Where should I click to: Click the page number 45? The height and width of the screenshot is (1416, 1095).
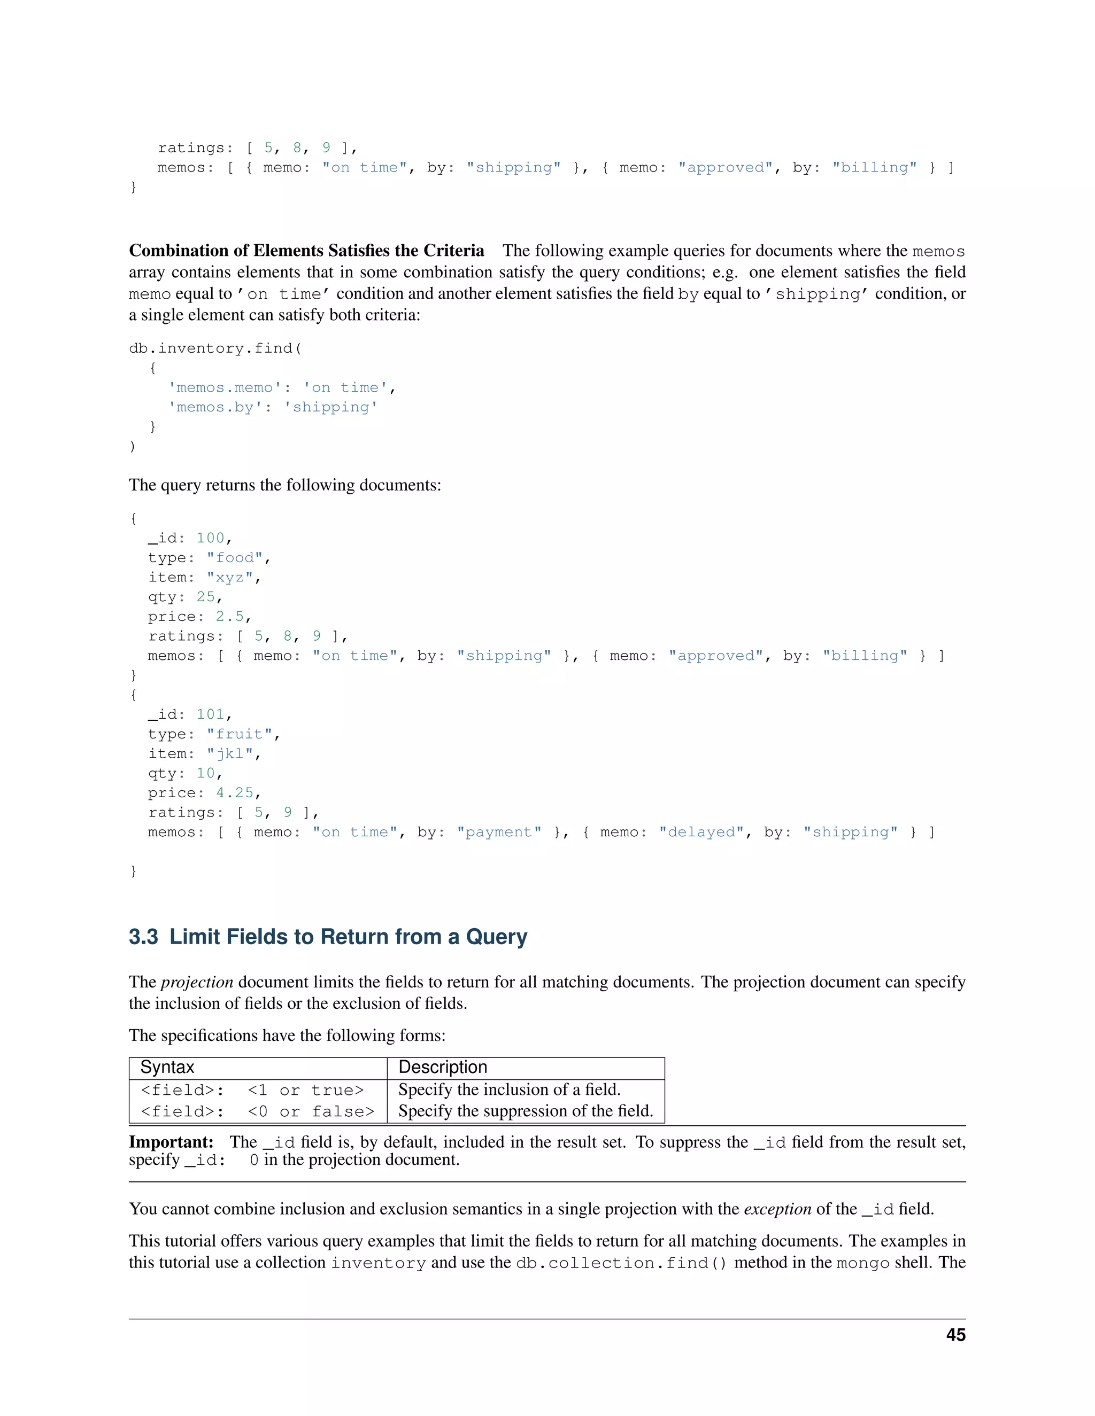tap(955, 1335)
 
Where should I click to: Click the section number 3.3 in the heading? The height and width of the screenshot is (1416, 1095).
tap(143, 937)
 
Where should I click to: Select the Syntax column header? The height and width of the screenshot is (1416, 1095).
tap(167, 1067)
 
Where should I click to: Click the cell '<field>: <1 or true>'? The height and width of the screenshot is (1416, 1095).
tap(252, 1090)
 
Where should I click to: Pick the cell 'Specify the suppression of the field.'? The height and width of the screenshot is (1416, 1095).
tap(526, 1111)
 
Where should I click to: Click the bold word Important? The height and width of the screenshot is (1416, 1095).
tap(171, 1142)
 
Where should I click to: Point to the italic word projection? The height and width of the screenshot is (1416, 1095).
tap(197, 982)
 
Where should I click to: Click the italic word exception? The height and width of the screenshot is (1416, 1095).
tap(777, 1209)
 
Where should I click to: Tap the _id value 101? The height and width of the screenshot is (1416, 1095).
tap(210, 714)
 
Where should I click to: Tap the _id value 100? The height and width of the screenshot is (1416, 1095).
tap(210, 538)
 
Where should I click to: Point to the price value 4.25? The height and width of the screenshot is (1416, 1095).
tap(234, 793)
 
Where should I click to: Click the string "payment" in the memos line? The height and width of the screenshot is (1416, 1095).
tap(499, 832)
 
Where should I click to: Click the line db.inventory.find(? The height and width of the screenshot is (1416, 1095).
tap(215, 348)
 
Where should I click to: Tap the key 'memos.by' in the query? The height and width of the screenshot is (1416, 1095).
tap(215, 407)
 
